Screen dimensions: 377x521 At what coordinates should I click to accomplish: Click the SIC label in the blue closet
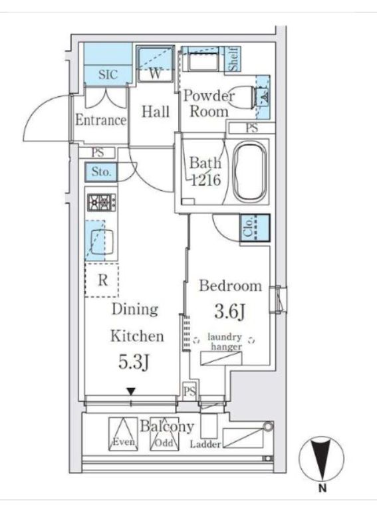click(108, 74)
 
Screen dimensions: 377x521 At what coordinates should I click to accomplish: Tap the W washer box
click(156, 64)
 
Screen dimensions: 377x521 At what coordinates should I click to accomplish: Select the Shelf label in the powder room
click(234, 58)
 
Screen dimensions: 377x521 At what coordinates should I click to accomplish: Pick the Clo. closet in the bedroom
click(255, 228)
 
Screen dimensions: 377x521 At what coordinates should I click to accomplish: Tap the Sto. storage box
click(101, 172)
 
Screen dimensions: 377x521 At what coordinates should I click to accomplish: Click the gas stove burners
click(102, 203)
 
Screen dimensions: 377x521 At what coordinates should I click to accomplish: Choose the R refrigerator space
click(102, 280)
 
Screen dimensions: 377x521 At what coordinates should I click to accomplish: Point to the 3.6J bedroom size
click(230, 312)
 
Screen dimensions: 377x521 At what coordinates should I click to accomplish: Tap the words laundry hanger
click(225, 342)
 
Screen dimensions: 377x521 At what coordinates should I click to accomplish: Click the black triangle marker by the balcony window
click(131, 392)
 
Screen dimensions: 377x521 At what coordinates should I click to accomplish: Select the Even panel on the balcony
click(124, 434)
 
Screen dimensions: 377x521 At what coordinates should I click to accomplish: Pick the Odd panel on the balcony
click(164, 434)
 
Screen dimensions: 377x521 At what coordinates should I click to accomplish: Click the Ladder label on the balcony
click(205, 444)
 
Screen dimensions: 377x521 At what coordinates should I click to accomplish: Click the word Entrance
click(101, 120)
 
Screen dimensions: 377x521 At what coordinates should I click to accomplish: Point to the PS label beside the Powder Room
click(251, 128)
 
